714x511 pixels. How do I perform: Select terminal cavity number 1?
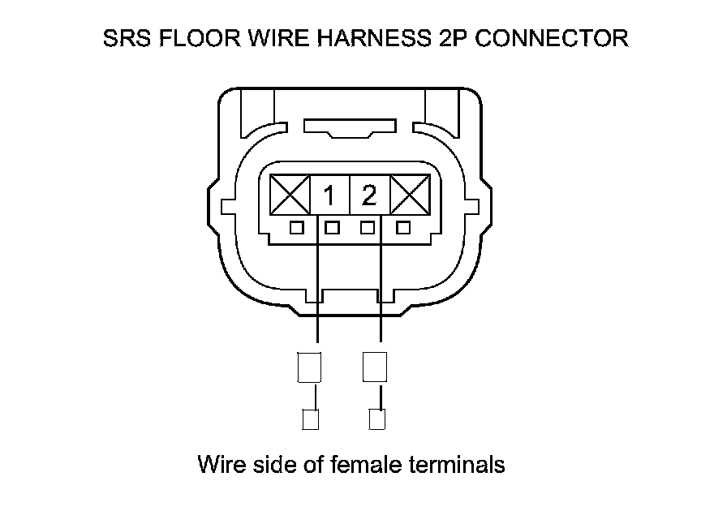(x=329, y=195)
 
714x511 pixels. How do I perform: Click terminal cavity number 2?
(x=369, y=195)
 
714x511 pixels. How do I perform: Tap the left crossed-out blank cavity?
(x=290, y=195)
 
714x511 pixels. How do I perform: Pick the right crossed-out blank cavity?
(x=410, y=195)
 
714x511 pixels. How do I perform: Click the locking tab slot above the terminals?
(x=349, y=128)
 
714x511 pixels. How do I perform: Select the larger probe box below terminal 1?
(x=309, y=367)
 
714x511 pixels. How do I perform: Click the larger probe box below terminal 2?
(x=375, y=367)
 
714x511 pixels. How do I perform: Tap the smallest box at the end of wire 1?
(x=310, y=419)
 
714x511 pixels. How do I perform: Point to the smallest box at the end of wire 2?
(x=376, y=419)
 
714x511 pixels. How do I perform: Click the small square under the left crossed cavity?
(x=297, y=228)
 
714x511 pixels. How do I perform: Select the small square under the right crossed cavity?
(x=402, y=228)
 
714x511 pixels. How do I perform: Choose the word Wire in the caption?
(x=219, y=465)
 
